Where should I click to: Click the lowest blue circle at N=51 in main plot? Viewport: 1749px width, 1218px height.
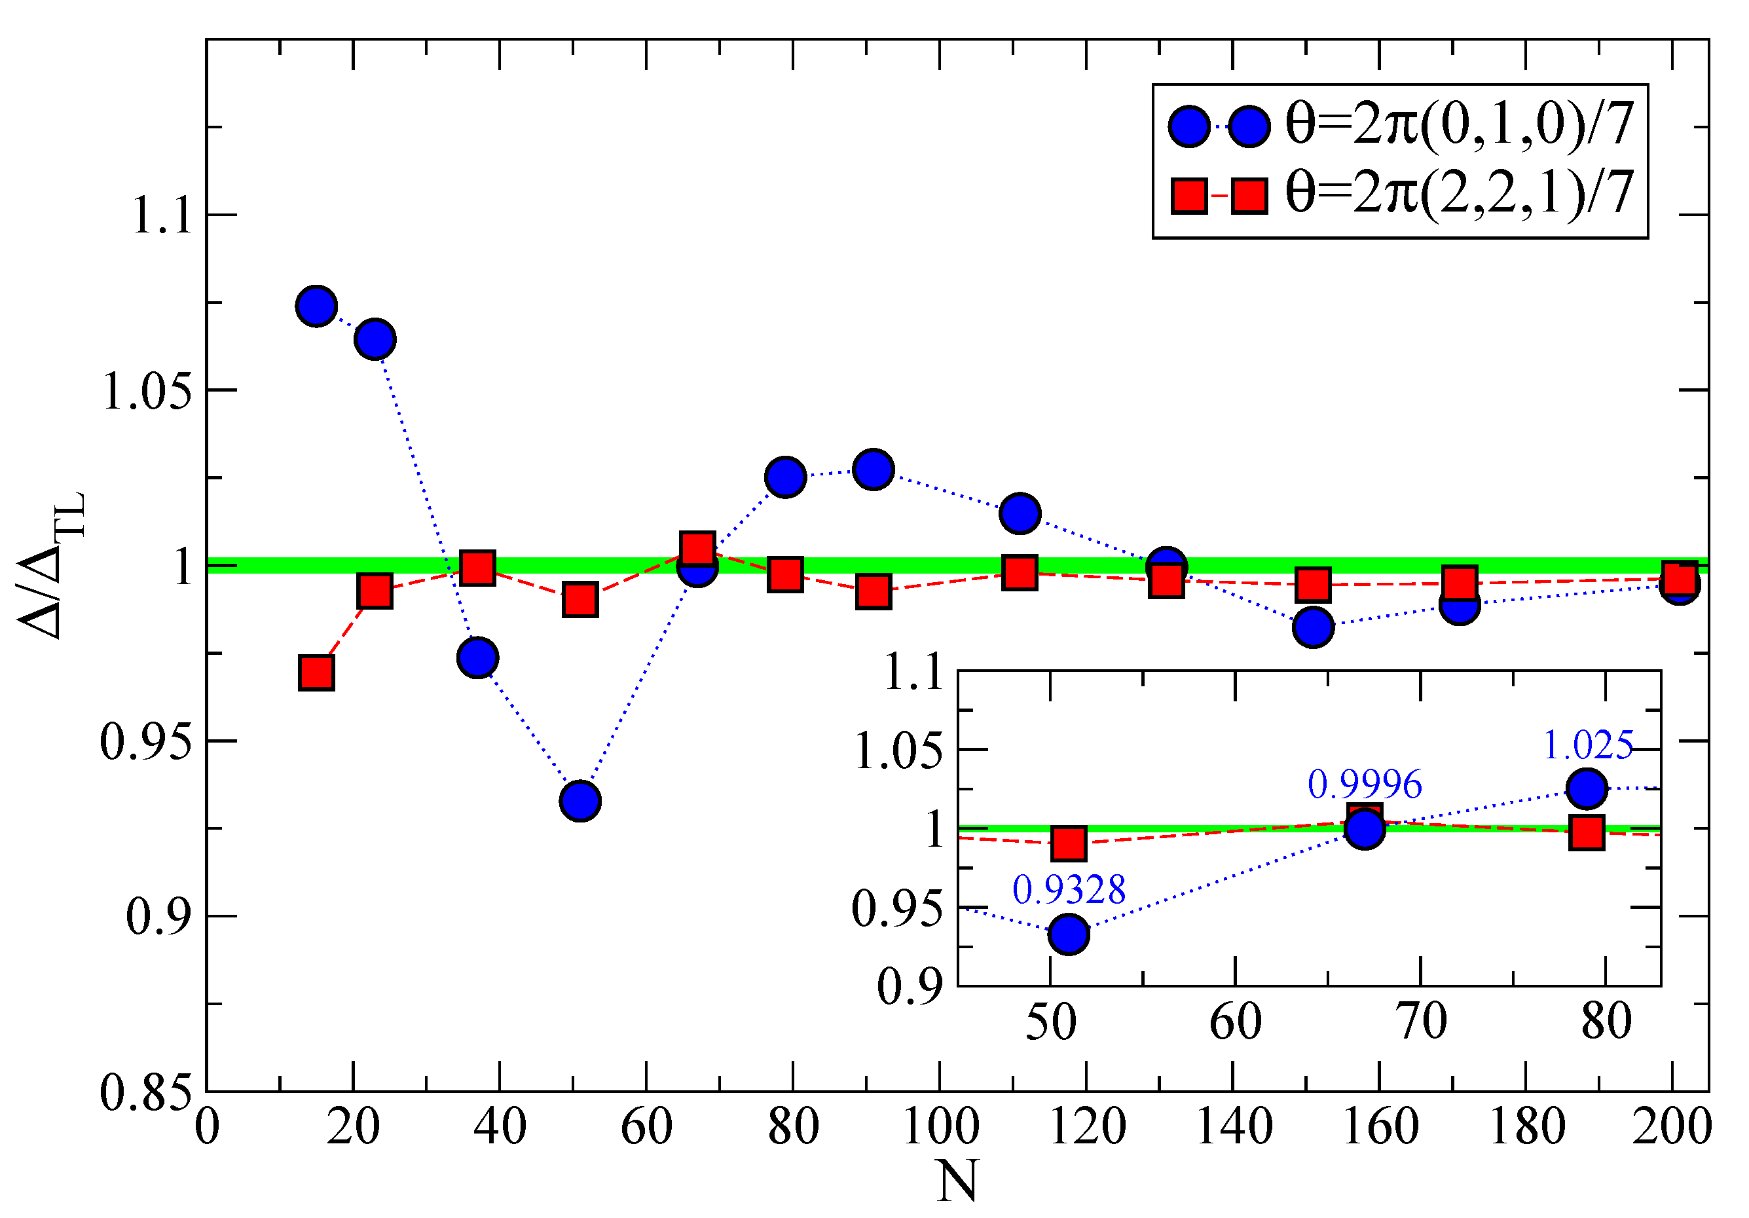[x=580, y=801]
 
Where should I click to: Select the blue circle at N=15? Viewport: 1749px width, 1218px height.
[x=316, y=306]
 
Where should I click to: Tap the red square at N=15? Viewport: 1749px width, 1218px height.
[x=316, y=673]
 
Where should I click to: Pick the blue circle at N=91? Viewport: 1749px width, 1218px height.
[x=873, y=470]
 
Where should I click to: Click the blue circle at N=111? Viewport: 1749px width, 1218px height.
[x=1020, y=513]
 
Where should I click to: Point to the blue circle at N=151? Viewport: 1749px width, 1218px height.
[x=1312, y=627]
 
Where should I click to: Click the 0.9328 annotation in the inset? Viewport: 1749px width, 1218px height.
[x=1068, y=890]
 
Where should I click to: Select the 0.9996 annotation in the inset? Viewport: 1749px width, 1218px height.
[x=1365, y=784]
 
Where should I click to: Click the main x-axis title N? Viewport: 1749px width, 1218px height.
[x=957, y=1181]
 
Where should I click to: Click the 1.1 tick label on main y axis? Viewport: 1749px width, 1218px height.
[x=162, y=215]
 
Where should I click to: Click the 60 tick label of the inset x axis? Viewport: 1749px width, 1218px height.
[x=1235, y=1022]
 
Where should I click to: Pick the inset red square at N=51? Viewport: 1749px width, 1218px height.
[x=1068, y=843]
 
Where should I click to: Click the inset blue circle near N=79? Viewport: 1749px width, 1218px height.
[x=1587, y=788]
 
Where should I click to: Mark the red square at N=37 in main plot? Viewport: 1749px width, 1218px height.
[x=477, y=568]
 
